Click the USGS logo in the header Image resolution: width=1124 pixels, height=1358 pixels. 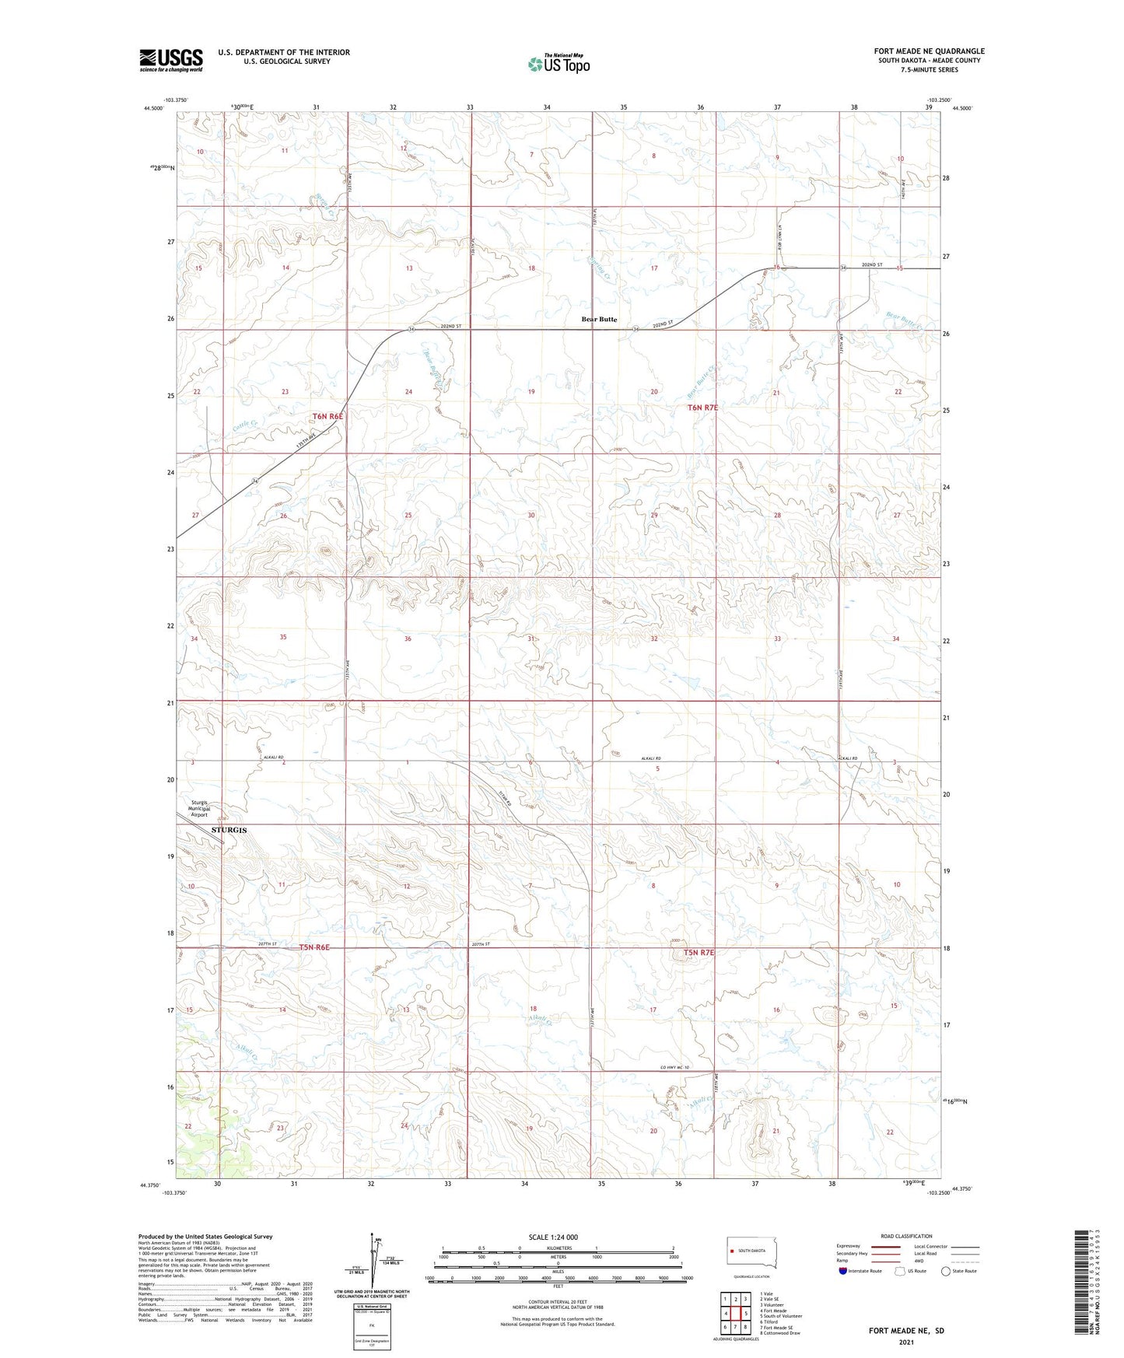point(171,59)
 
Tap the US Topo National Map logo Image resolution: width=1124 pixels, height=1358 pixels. point(558,63)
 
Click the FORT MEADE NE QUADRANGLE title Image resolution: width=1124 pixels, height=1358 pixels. point(929,51)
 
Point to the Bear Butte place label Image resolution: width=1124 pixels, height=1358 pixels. point(599,319)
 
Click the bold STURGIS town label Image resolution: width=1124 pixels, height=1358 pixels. point(229,831)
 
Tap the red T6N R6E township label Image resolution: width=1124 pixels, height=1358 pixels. point(327,417)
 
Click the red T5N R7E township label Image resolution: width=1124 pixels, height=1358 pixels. point(699,952)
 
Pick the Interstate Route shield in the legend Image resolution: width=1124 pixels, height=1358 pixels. point(843,1271)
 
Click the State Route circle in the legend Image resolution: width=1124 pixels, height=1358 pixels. point(946,1271)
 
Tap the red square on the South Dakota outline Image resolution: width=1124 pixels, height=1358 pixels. point(732,1251)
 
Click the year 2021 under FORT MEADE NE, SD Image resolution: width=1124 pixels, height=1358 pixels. point(906,1342)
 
